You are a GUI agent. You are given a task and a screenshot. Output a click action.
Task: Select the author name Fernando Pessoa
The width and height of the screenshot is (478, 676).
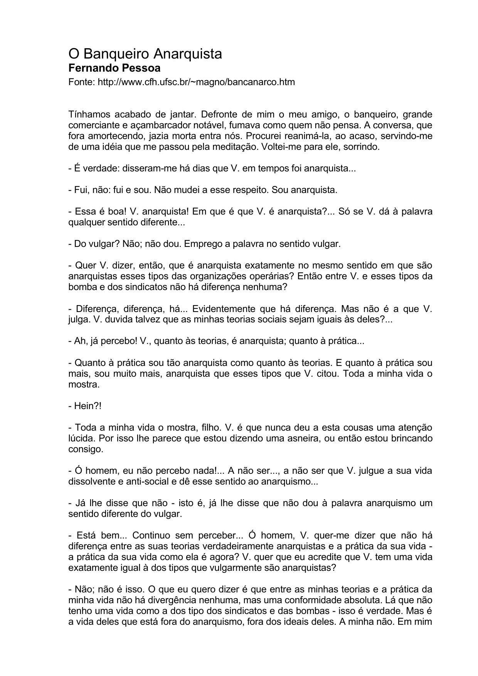[x=114, y=68]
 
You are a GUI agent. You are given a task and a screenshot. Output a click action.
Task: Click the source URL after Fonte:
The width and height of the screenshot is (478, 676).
[x=196, y=82]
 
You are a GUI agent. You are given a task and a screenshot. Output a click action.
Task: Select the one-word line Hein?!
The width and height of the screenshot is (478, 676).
[x=85, y=406]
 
